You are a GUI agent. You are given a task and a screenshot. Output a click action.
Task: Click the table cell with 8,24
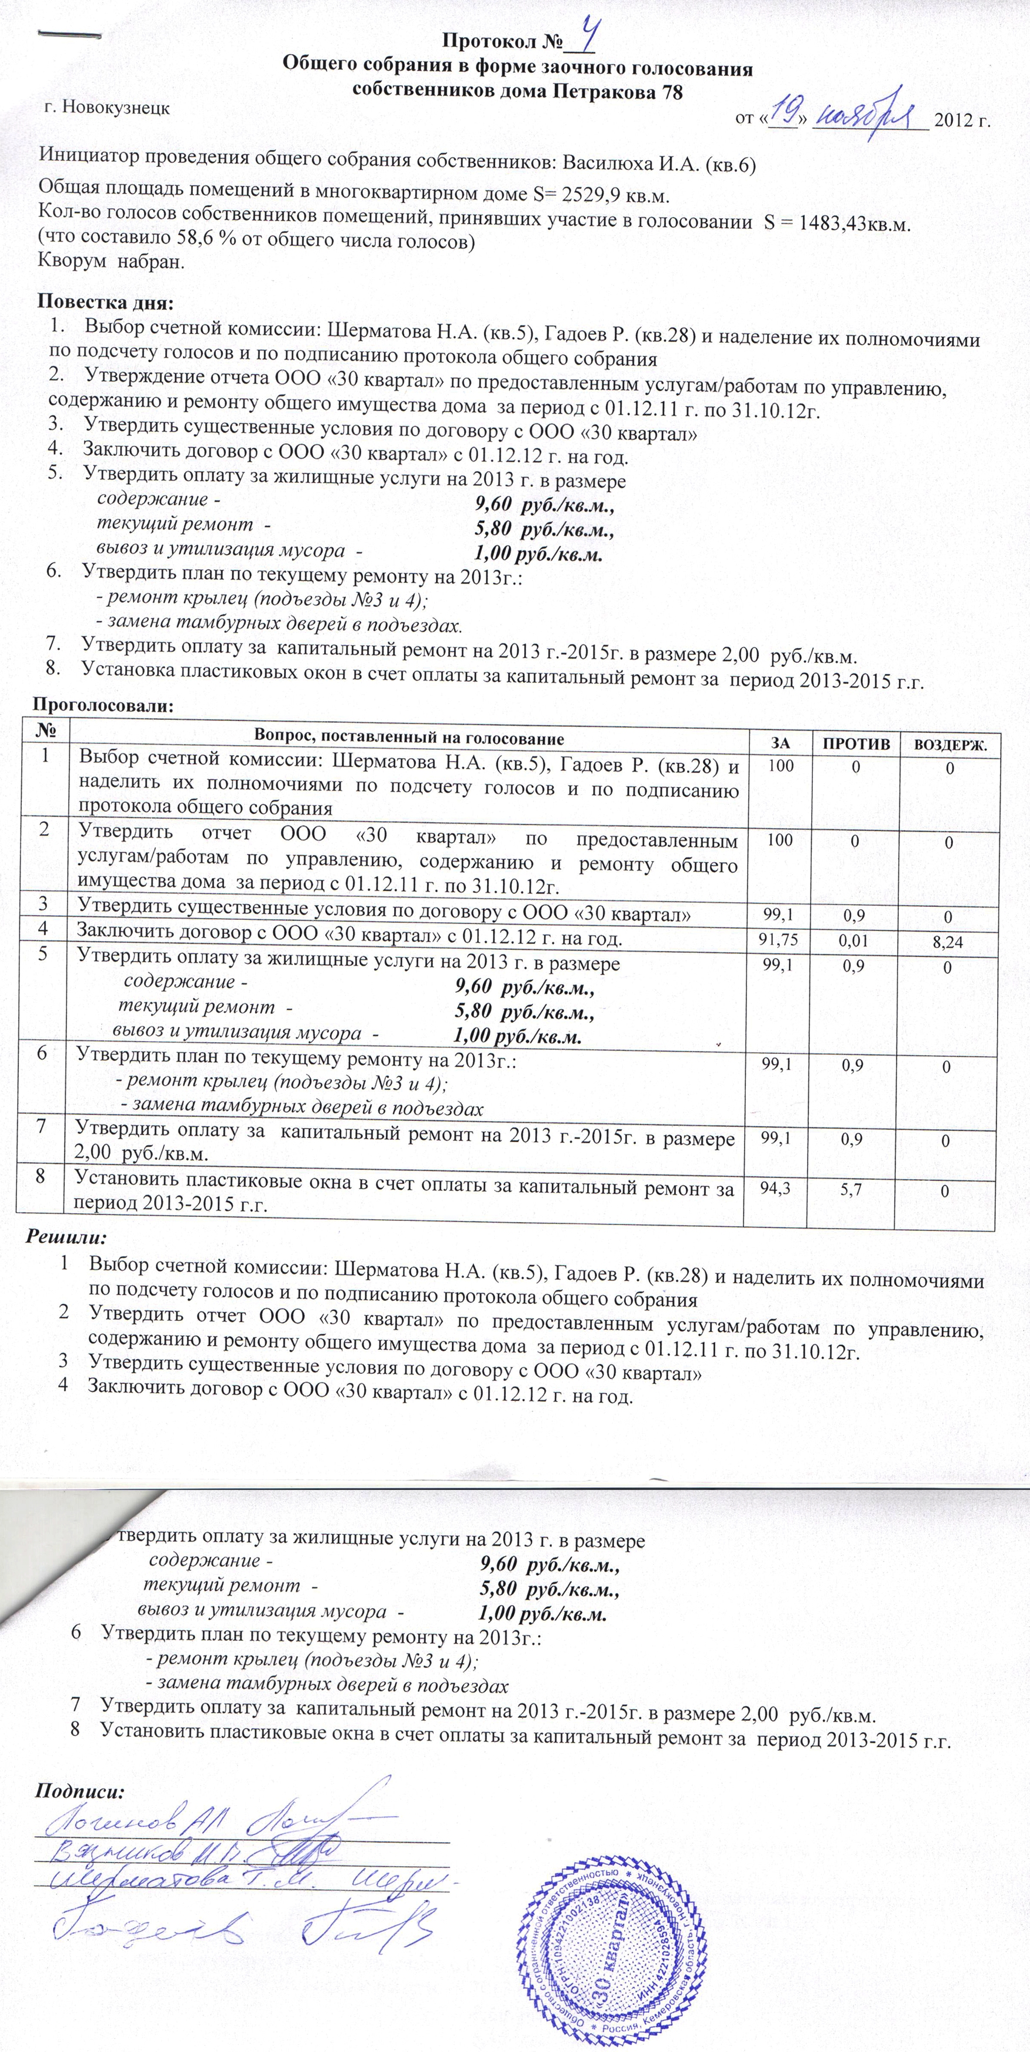(x=947, y=942)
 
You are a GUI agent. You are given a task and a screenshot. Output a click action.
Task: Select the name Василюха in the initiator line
(x=603, y=164)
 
